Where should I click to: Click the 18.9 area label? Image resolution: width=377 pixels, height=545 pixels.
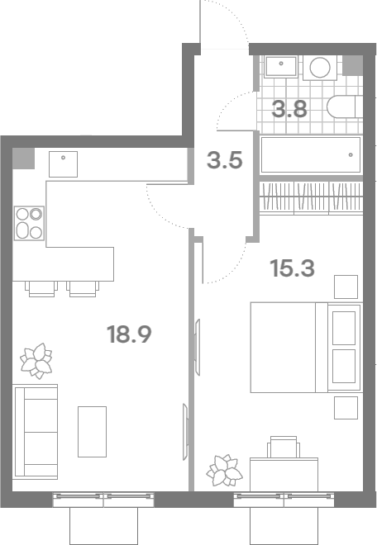129,334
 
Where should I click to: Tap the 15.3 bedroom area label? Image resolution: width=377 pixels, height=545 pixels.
292,268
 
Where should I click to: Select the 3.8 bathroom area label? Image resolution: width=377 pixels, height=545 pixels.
289,109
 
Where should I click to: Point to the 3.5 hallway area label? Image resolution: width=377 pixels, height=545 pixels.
225,160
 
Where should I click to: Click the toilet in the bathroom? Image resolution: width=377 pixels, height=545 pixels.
345,107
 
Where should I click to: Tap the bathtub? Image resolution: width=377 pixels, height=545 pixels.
311,154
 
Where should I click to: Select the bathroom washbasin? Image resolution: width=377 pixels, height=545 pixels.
280,66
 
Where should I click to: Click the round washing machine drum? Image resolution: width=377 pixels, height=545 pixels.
320,67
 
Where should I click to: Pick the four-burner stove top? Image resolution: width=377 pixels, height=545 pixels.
29,223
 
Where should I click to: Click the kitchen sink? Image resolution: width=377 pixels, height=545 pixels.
63,164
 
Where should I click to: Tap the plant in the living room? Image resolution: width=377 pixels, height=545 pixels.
36,361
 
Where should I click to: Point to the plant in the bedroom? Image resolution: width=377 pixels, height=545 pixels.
224,471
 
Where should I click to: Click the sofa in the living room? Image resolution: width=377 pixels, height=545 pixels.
36,432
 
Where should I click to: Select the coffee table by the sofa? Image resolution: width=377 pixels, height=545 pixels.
92,432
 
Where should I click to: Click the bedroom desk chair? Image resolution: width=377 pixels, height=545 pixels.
284,447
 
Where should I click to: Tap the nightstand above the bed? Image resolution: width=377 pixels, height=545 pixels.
346,287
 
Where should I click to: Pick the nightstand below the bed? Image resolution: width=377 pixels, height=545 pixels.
346,408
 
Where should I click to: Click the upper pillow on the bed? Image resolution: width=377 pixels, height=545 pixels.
344,328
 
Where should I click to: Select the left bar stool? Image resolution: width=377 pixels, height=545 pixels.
42,289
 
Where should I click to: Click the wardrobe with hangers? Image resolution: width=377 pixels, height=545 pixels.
311,197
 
